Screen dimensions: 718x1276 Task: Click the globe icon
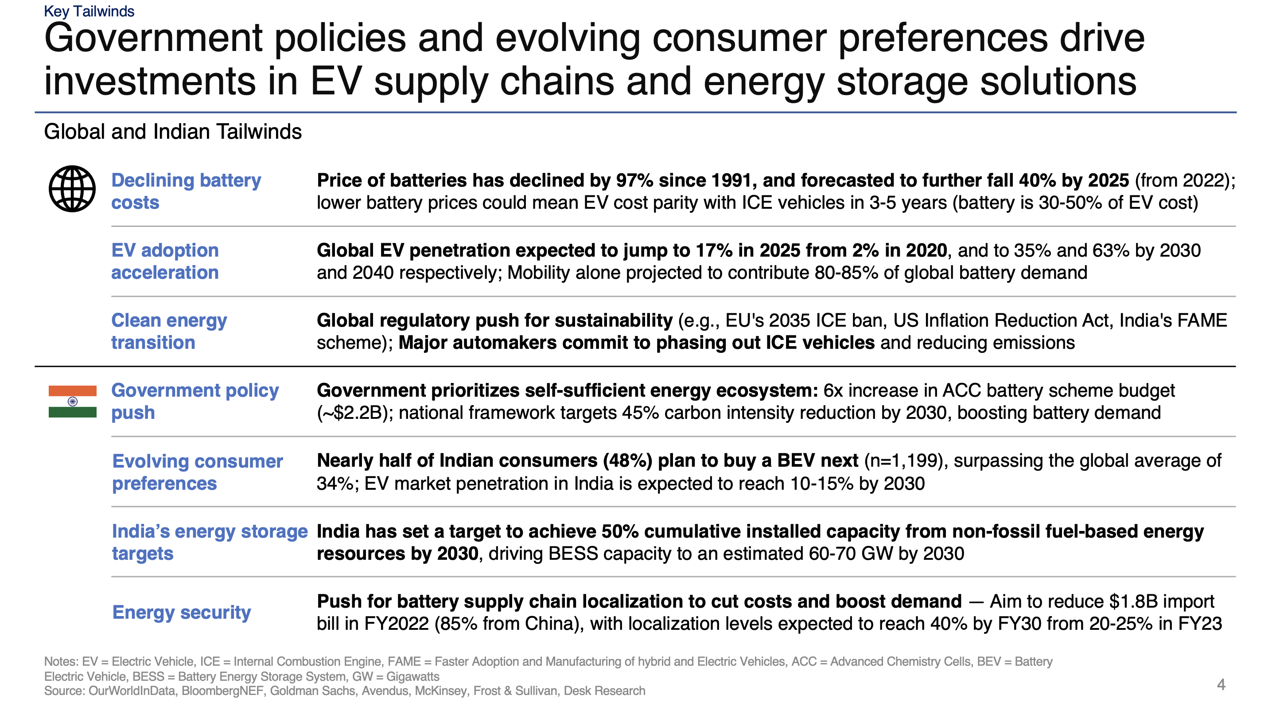[x=72, y=189]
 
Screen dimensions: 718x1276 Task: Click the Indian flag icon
[x=72, y=402]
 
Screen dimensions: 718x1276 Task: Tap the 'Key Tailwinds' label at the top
[x=89, y=12]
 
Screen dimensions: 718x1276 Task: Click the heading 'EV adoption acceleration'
[x=164, y=261]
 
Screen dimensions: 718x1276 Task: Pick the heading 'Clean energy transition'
[x=168, y=332]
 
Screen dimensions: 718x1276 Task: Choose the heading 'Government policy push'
[x=195, y=402]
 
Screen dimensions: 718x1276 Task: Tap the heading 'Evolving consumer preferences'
[x=197, y=472]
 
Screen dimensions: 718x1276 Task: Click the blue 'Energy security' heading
[x=181, y=613]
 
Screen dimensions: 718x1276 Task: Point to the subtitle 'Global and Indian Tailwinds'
[x=172, y=132]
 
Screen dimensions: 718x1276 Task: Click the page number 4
[x=1221, y=685]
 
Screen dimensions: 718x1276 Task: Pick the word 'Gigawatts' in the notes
[x=412, y=677]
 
